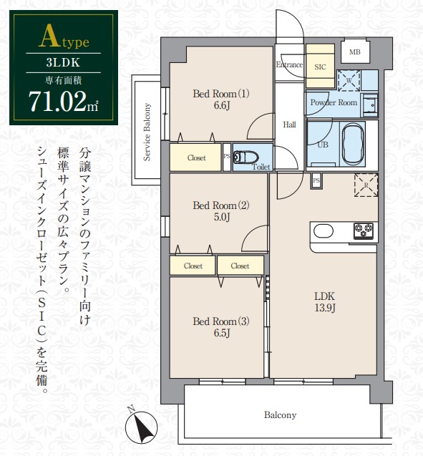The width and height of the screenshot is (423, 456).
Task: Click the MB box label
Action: [355, 52]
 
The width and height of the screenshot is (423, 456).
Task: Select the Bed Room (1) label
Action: [221, 93]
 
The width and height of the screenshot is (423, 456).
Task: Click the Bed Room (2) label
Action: [220, 205]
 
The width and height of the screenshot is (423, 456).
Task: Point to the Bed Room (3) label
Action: [220, 321]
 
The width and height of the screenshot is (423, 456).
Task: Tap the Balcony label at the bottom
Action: [280, 414]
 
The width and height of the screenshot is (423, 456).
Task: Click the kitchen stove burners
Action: [364, 231]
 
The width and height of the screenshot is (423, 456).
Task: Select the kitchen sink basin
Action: [324, 231]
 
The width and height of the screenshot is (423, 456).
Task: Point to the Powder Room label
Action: [333, 102]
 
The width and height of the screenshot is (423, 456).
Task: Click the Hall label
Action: [289, 124]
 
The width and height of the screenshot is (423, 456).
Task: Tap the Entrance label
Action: [289, 64]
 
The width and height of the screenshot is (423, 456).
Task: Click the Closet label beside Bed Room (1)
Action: [197, 157]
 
